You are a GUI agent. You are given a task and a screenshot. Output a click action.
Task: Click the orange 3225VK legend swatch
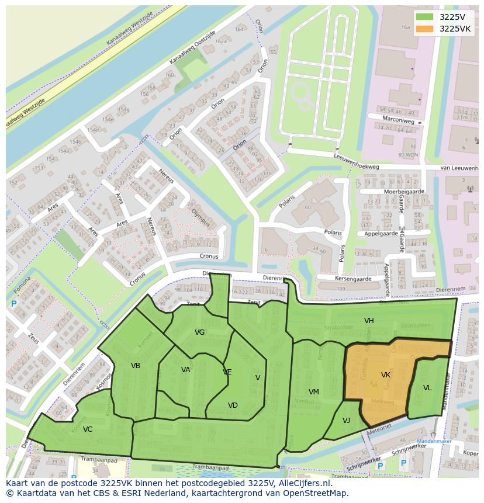tap(425, 29)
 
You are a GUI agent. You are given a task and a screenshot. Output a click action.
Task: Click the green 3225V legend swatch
tap(425, 17)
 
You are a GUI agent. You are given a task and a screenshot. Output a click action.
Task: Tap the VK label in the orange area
tap(386, 375)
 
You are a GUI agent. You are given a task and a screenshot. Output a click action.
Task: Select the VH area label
tap(369, 321)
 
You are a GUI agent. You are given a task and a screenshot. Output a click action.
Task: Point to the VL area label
tap(427, 388)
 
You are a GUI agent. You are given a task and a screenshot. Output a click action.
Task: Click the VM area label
tap(314, 392)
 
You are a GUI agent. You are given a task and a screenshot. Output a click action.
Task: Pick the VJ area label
tap(346, 420)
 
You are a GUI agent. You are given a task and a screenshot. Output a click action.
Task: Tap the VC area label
tap(88, 429)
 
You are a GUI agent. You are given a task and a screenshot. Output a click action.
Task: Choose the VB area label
tap(136, 366)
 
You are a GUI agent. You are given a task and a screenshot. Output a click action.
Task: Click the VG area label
tap(199, 332)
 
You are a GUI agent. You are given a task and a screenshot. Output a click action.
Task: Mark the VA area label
tap(186, 370)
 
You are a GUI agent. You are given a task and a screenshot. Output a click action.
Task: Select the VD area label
tap(233, 405)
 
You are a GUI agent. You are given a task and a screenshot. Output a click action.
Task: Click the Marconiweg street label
tap(399, 122)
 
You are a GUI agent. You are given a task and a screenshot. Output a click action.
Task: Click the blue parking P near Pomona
tap(14, 304)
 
